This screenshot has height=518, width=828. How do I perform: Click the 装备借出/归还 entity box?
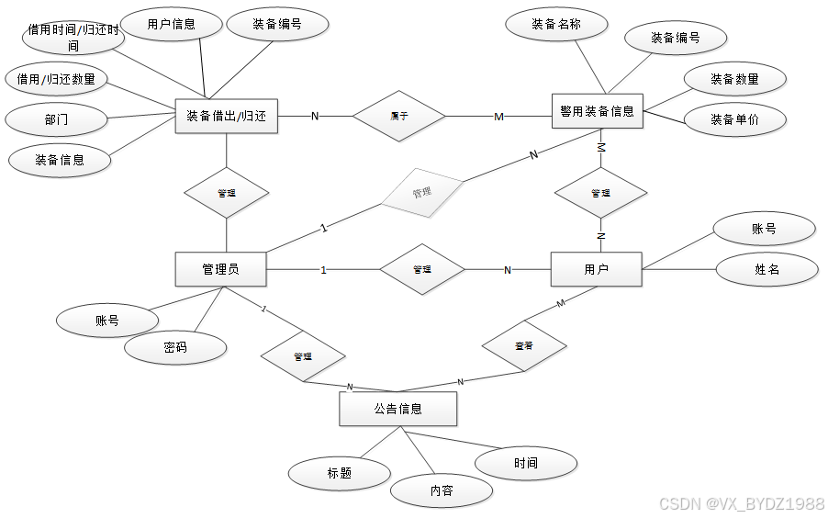pos(226,117)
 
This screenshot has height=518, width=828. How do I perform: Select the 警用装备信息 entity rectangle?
pos(597,111)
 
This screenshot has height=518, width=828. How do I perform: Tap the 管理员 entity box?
pos(220,269)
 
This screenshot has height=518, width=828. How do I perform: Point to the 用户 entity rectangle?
pos(596,269)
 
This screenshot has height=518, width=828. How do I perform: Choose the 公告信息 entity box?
pos(397,409)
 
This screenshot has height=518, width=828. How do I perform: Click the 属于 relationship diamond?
pos(398,116)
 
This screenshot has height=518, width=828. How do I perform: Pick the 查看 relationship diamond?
pos(524,346)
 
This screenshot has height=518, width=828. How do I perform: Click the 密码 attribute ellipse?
pos(175,348)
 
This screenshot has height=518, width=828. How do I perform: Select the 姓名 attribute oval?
pos(766,269)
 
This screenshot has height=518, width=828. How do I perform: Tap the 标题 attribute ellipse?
pos(339,474)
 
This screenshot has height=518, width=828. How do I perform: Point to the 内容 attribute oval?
pos(441,490)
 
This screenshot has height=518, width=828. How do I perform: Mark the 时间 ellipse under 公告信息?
pos(526,463)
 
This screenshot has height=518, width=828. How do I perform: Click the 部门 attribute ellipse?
pos(55,119)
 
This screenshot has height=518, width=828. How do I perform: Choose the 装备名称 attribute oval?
pos(556,25)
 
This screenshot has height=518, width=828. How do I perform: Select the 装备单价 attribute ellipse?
pos(734,119)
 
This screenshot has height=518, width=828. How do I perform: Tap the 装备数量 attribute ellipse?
pos(734,79)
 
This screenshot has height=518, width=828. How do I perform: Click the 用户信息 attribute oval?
pos(172,24)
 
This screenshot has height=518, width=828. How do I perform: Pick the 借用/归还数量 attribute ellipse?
pos(56,79)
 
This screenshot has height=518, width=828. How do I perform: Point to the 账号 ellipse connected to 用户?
pos(764,229)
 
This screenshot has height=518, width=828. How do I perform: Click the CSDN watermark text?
pos(742,503)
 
